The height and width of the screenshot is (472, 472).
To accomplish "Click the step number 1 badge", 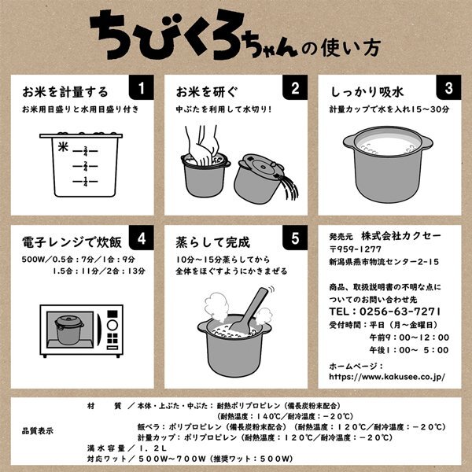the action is pos(141,87).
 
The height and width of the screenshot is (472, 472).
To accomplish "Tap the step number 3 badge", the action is pos(448,87).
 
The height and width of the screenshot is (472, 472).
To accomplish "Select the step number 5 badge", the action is pos(295,238).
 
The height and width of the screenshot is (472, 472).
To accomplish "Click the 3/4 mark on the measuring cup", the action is pos(86,151).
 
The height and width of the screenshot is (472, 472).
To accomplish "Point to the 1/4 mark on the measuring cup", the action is pos(86,182).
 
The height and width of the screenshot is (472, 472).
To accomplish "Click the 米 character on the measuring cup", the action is pos(63,147).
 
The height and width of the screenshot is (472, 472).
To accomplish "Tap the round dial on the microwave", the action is pos(112,325).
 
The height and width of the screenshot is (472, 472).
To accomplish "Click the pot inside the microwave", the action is pos(69,330).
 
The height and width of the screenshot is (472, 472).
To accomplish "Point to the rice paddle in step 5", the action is pos(249,312).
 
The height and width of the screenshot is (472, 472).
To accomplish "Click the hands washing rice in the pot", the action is pos(202,145).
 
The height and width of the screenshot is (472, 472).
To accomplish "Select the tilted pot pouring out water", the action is pos(260,179).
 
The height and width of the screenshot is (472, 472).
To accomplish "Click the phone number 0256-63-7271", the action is pos(400,312).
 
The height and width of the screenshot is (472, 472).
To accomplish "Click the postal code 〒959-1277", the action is pos(356,249).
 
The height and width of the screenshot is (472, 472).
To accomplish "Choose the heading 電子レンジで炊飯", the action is pos(72,242).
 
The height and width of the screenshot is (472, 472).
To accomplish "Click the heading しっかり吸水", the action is pos(367,92).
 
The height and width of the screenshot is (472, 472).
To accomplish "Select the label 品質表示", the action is pos(38,431).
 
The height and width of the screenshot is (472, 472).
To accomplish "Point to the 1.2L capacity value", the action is pos(153,448).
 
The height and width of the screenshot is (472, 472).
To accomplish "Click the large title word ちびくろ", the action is pos(168,35).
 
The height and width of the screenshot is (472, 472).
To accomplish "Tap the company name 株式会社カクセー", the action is pos(401,236).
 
